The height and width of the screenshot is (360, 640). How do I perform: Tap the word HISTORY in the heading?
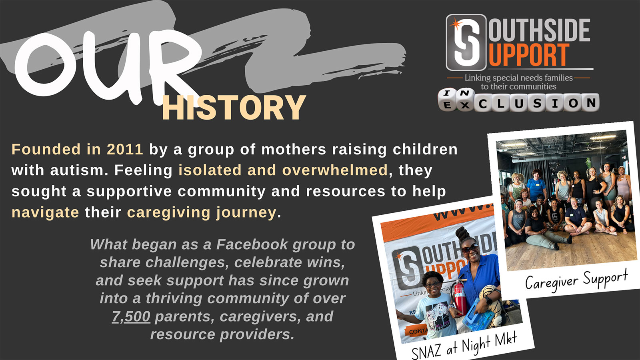point(234,108)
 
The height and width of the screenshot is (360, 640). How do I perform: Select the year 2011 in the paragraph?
point(125,149)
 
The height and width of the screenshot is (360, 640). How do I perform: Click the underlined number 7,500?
point(131,316)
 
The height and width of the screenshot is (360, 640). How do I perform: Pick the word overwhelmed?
point(334,170)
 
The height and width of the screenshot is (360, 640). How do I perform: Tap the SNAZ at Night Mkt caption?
point(464,347)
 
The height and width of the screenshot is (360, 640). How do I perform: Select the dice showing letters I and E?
point(447,100)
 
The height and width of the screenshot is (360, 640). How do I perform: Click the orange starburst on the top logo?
point(456,24)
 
